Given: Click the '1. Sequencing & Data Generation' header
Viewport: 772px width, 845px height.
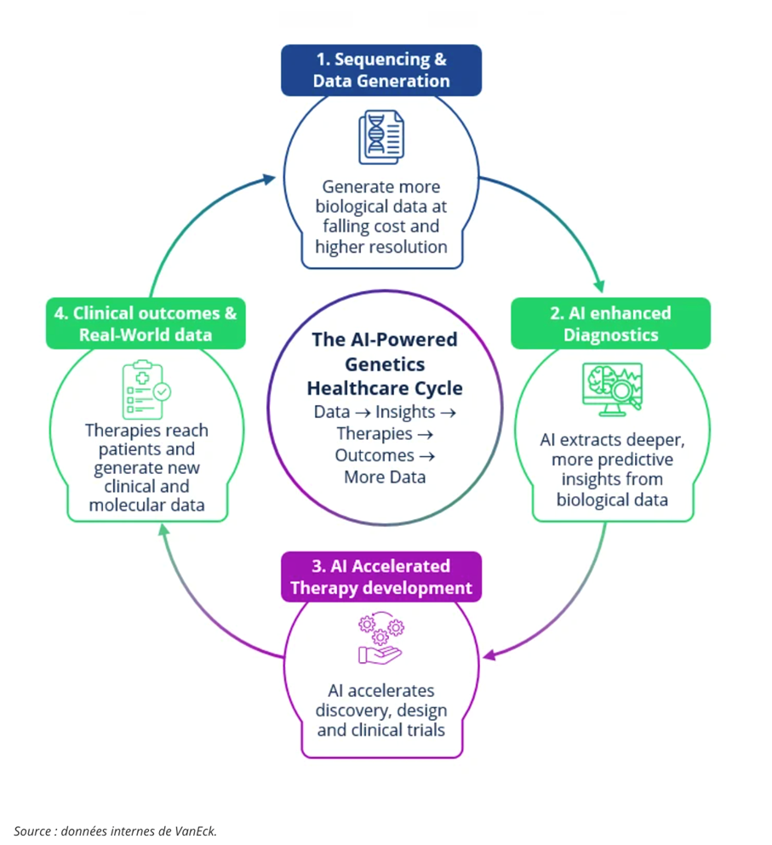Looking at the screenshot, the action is coord(381,70).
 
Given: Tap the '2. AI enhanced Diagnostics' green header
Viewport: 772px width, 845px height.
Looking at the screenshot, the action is coord(611,323).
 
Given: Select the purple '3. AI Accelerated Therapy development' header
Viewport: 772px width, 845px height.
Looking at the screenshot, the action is coord(381,577).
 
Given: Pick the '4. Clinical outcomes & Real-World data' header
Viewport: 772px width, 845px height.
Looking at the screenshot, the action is coord(146,323).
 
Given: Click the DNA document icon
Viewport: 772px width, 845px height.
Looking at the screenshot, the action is coord(381,137).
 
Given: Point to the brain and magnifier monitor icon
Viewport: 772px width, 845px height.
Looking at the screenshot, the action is coord(613,389).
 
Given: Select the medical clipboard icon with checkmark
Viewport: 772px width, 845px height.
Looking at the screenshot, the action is coord(146,390).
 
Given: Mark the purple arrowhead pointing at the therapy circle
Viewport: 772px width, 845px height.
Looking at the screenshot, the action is coord(489,655).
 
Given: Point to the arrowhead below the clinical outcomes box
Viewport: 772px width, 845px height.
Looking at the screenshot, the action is coord(164,531).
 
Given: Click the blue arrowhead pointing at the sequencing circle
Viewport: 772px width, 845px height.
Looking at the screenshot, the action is coord(268,179).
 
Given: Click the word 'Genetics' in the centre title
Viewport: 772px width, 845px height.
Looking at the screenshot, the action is coord(385,364).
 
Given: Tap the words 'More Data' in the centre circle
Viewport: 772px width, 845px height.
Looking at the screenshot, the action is coord(385,477).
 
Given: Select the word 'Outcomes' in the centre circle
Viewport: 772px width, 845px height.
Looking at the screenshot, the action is coord(375,455).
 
